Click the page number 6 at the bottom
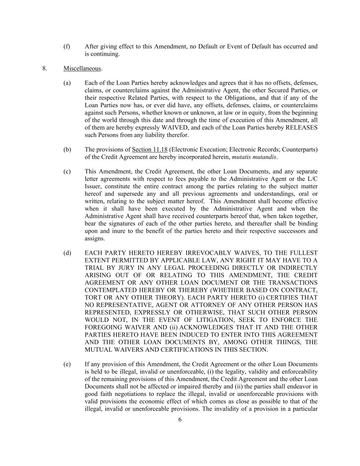point(180,420)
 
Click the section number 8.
point(44,68)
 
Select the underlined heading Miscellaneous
point(82,68)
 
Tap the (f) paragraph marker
point(67,46)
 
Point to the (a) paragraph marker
point(67,83)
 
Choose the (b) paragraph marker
point(67,150)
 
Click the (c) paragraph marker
point(67,171)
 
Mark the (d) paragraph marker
point(67,253)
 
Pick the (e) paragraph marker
point(67,364)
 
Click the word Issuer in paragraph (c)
point(93,186)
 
